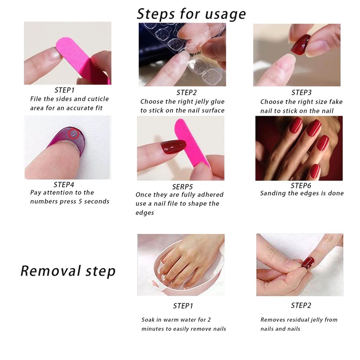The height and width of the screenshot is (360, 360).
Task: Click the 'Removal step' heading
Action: (68, 271)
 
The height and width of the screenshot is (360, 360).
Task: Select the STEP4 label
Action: (64, 184)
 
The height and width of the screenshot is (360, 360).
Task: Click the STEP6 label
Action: (301, 185)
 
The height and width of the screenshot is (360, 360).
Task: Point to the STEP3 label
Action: (301, 92)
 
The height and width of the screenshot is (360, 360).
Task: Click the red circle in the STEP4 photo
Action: (73, 134)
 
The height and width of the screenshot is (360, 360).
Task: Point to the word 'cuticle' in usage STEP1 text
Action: (97, 99)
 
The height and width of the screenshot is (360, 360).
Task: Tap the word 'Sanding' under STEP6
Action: (273, 193)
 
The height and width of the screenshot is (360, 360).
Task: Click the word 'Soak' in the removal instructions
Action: (148, 320)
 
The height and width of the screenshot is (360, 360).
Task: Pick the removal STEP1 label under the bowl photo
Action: (183, 306)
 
